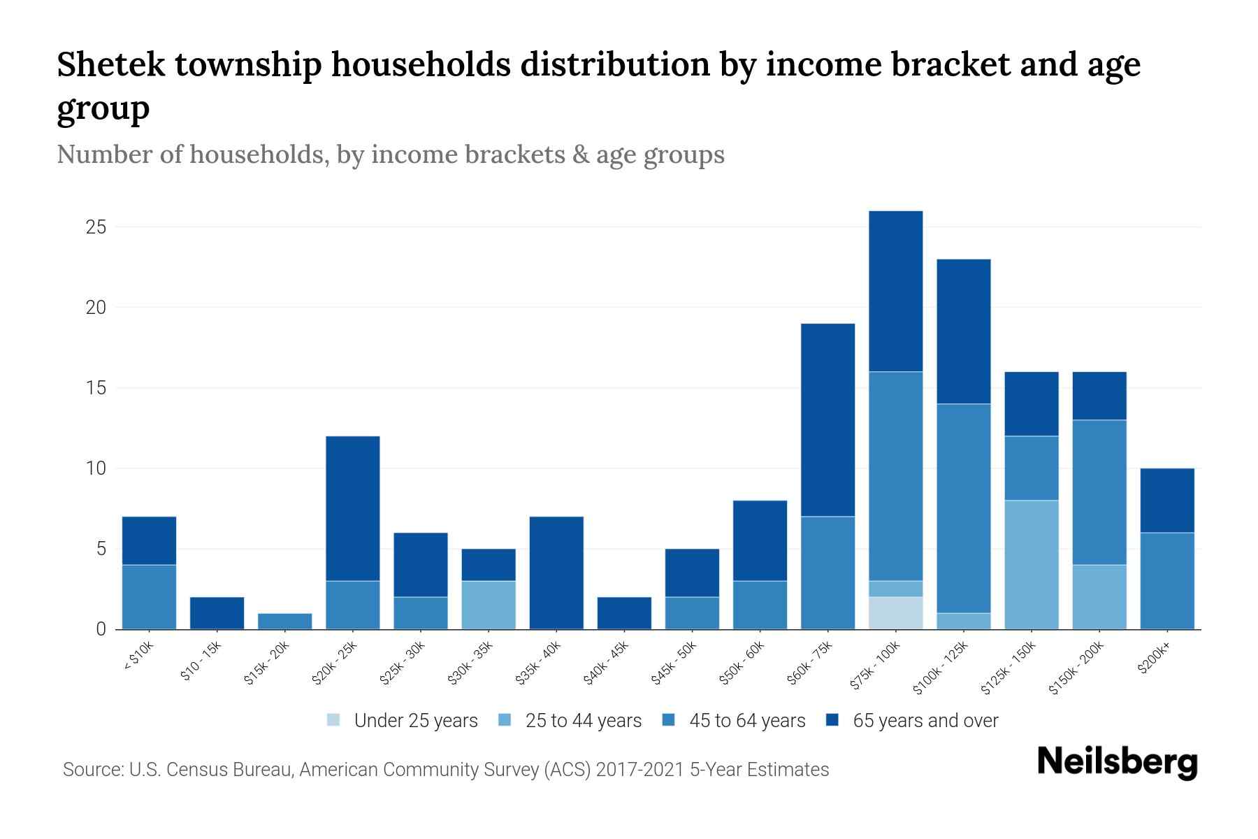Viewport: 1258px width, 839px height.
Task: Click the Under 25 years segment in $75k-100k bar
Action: pos(896,612)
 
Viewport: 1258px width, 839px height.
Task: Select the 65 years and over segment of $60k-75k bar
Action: pos(828,419)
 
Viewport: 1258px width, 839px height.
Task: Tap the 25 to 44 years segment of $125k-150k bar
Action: pos(1032,564)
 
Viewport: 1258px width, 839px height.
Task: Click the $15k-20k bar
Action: pos(284,621)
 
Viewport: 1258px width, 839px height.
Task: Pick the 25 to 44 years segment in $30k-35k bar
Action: pos(489,605)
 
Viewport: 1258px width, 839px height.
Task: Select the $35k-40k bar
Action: pos(556,573)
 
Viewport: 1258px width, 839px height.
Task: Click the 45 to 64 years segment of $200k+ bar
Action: pos(1167,580)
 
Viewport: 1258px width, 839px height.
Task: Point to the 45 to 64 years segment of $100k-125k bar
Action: pos(964,508)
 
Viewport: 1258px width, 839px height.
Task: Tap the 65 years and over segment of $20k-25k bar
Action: pos(353,508)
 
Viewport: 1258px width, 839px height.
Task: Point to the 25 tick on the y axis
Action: pos(96,227)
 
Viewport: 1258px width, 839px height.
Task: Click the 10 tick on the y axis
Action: pos(96,468)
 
